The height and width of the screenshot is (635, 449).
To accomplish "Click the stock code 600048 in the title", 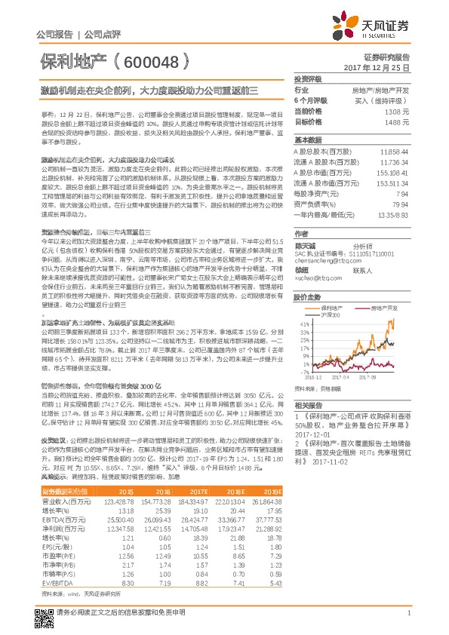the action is tap(151, 63).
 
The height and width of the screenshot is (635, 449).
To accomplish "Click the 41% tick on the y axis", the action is tap(303, 323).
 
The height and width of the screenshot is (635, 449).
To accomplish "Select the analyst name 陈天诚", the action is tap(304, 245).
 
